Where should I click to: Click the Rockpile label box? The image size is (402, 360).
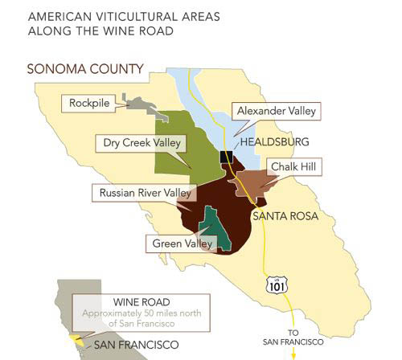(89, 104)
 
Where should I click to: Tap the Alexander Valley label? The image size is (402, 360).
(274, 111)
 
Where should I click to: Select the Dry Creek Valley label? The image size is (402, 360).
(142, 143)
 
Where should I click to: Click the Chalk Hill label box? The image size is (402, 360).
(294, 166)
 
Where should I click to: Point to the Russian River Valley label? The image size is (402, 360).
(144, 193)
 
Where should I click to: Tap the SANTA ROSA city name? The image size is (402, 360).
(285, 216)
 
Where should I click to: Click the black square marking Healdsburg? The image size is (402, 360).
(226, 156)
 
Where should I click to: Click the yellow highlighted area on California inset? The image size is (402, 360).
(77, 340)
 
